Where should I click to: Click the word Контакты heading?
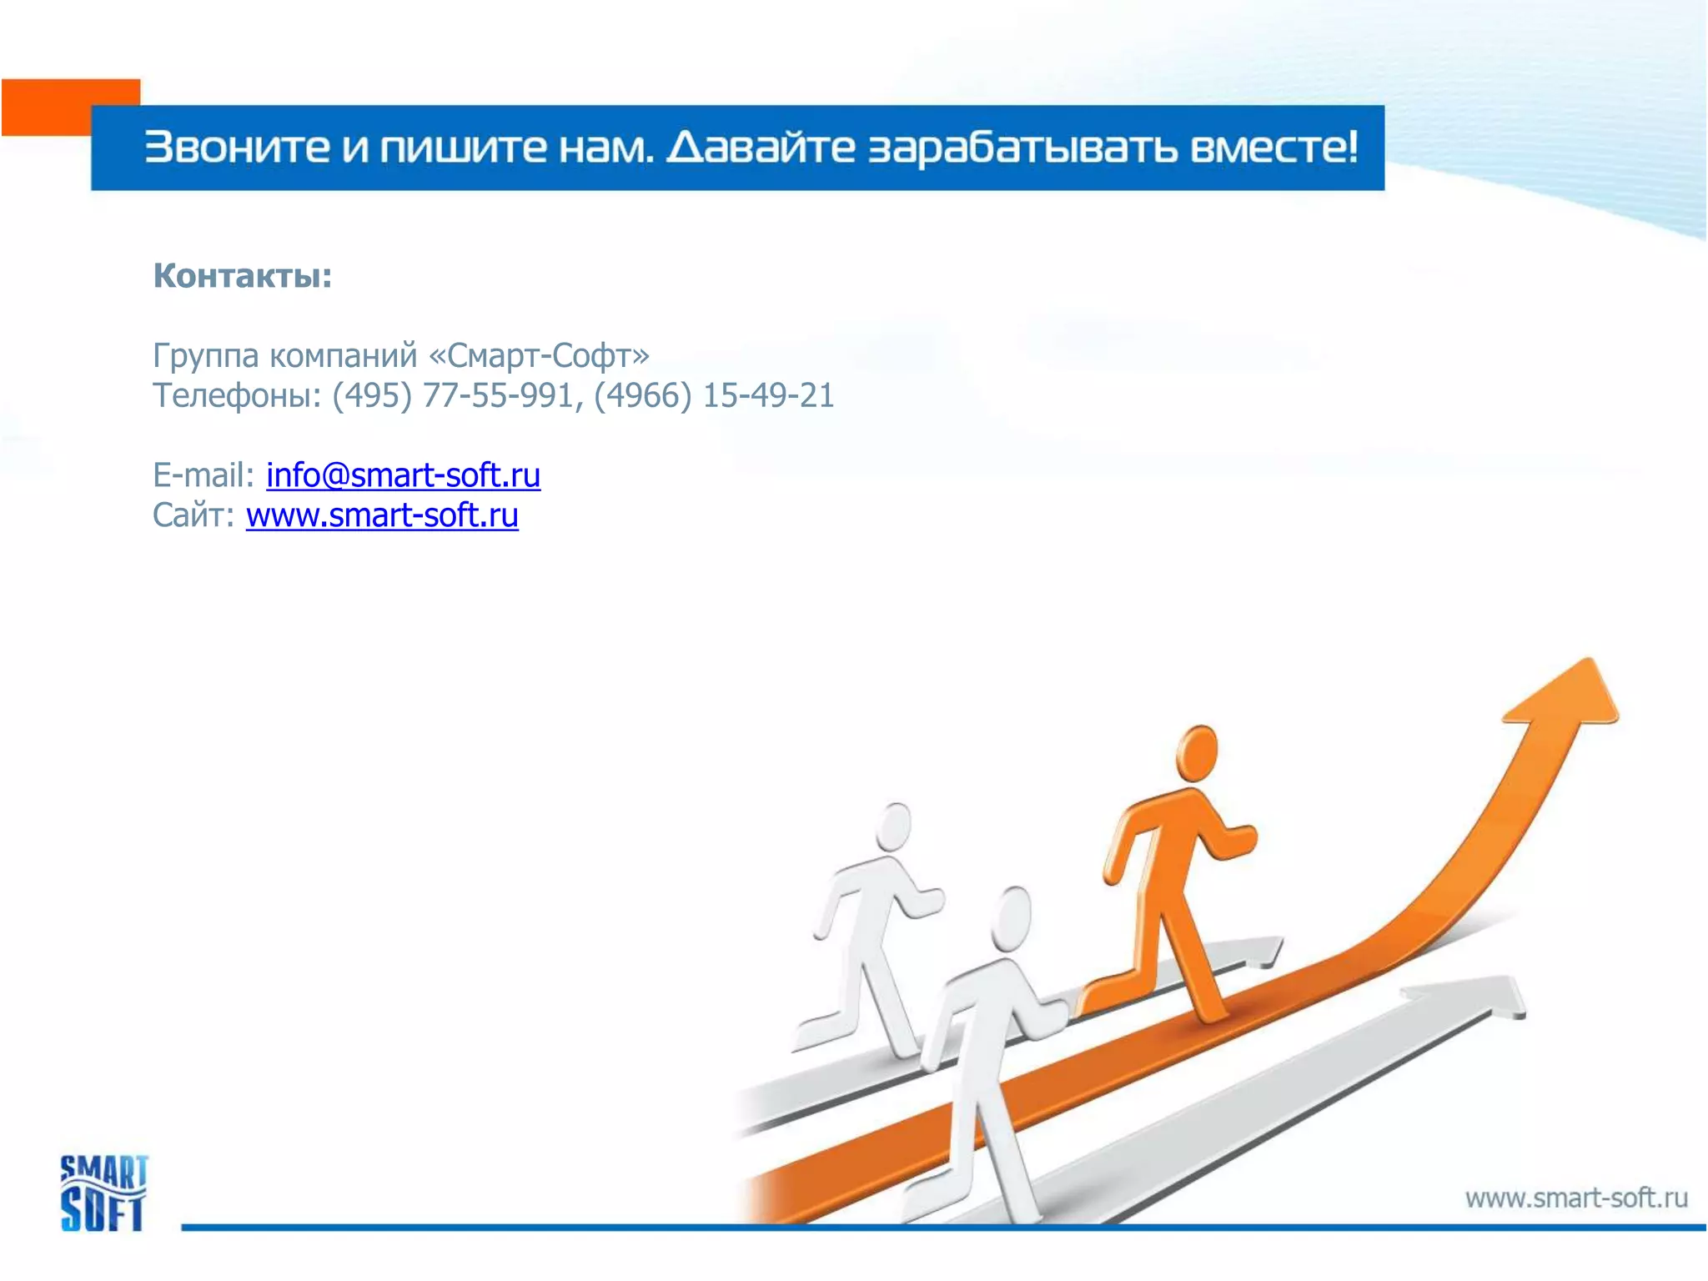pos(242,276)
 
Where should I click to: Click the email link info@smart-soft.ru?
pos(403,475)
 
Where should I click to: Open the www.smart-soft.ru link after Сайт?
pos(382,515)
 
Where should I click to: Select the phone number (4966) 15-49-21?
pos(714,395)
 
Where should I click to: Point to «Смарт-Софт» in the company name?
pos(539,356)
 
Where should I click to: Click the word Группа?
pos(206,356)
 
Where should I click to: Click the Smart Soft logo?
pos(103,1193)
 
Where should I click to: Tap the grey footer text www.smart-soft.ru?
pos(1575,1198)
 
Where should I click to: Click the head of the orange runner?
pos(1197,751)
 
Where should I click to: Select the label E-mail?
pos(203,475)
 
